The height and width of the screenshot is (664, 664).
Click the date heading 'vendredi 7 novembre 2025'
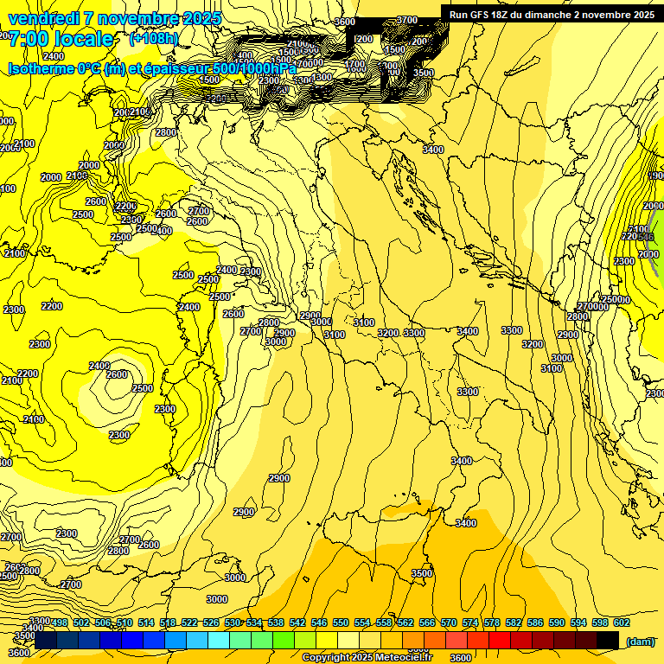tap(115, 18)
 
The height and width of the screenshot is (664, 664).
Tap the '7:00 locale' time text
tap(61, 38)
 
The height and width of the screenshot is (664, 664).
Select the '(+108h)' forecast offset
tap(154, 39)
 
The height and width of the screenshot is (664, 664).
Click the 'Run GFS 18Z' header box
tap(551, 14)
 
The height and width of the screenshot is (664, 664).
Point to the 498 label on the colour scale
tap(60, 622)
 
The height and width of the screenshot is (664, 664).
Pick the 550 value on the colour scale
tap(341, 622)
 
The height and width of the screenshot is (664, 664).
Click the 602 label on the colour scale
tap(622, 622)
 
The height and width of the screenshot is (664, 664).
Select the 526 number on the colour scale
tap(211, 622)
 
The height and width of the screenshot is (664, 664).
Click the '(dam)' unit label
tap(640, 641)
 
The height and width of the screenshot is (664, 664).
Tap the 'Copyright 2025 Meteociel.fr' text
tap(373, 657)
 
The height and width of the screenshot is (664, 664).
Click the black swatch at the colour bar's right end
tap(608, 640)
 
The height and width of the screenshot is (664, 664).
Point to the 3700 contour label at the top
tap(406, 20)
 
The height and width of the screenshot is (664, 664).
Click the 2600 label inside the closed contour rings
tap(117, 374)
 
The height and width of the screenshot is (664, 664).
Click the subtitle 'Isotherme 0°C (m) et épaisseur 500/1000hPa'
tap(152, 67)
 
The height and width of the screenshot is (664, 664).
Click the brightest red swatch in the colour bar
tap(500, 640)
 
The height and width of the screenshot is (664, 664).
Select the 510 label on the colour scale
tap(124, 622)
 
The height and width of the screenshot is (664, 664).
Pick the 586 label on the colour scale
tap(535, 622)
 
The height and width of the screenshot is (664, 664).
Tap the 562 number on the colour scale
tap(405, 622)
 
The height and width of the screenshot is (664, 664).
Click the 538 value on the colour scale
tap(276, 622)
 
